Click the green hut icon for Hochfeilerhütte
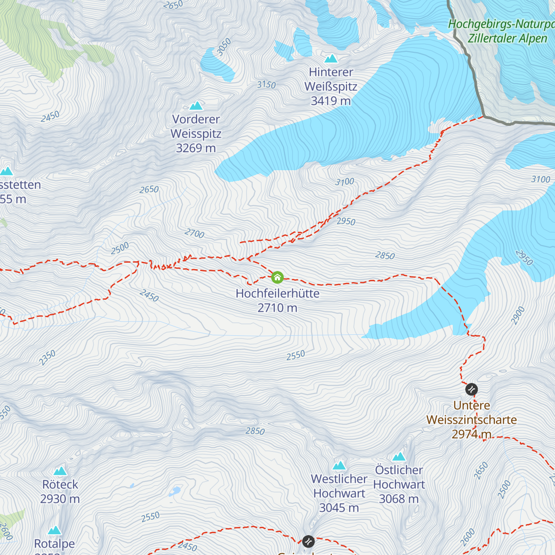(x=277, y=277)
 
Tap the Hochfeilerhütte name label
(x=277, y=294)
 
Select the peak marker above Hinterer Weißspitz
(x=331, y=59)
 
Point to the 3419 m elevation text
(x=331, y=101)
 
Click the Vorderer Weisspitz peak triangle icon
(x=196, y=106)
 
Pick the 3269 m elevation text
(x=196, y=148)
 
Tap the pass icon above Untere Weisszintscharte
(x=471, y=389)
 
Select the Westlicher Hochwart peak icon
(x=339, y=465)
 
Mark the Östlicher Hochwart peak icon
(x=399, y=457)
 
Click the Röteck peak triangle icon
(x=60, y=471)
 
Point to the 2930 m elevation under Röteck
(x=60, y=499)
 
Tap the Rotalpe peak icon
(x=55, y=530)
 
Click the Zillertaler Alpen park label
(x=507, y=38)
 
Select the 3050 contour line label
(x=224, y=47)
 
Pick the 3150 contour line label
(x=266, y=85)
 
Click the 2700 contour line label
(x=194, y=234)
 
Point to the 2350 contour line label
(x=47, y=358)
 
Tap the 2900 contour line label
(x=518, y=315)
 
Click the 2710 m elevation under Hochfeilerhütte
(x=277, y=308)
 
